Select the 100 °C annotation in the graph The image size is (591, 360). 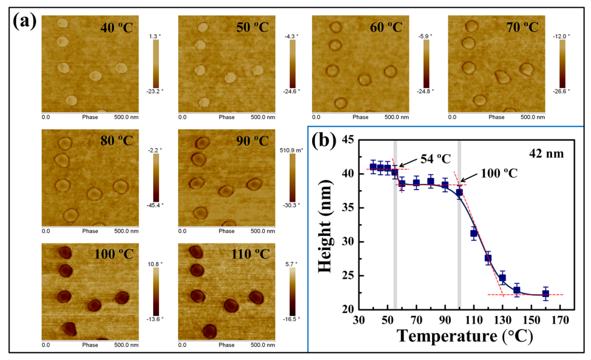pos(499,172)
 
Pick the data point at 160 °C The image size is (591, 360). pos(546,294)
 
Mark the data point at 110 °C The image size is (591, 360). pos(474,233)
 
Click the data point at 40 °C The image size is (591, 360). pos(373,167)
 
